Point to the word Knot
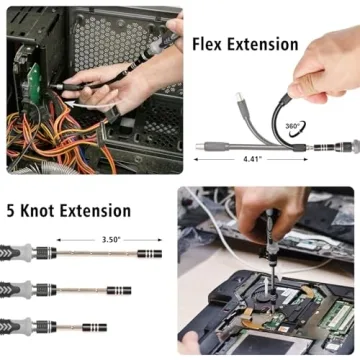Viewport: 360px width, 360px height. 46,211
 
